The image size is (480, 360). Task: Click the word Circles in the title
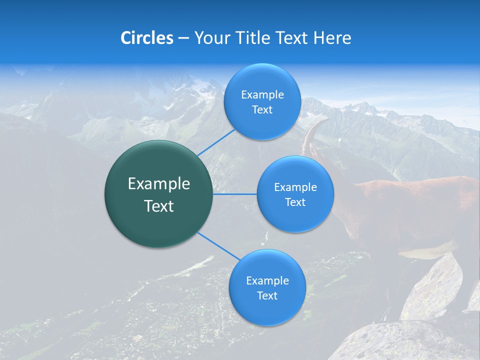[146, 38]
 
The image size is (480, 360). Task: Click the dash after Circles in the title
[183, 38]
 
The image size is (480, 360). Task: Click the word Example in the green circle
[158, 184]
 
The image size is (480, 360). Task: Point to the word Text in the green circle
[158, 206]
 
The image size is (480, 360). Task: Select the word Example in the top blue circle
[262, 95]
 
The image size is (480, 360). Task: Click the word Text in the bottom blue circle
[267, 295]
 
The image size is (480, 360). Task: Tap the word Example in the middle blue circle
[295, 187]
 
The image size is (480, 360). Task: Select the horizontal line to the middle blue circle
[235, 194]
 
